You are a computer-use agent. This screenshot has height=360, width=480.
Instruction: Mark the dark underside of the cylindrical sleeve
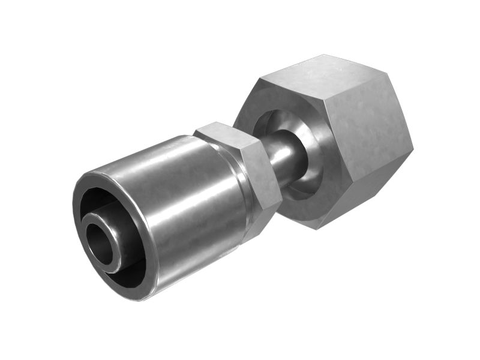[198, 264]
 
